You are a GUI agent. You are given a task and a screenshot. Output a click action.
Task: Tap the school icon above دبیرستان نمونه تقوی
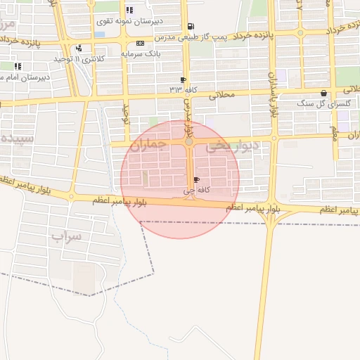[129, 10]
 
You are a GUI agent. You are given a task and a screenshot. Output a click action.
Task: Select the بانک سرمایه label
[141, 53]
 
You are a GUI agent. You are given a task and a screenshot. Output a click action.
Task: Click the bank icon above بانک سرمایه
[140, 44]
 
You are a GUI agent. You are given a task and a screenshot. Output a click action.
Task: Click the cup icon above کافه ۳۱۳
[184, 79]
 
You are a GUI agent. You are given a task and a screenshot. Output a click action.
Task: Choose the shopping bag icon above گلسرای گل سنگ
[323, 93]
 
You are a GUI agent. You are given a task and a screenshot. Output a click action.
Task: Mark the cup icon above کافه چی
[195, 181]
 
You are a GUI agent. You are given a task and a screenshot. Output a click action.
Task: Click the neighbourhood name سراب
[66, 236]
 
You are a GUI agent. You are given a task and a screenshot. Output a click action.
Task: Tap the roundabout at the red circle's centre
[188, 143]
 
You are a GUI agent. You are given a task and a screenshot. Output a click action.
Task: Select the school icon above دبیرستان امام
[18, 67]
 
